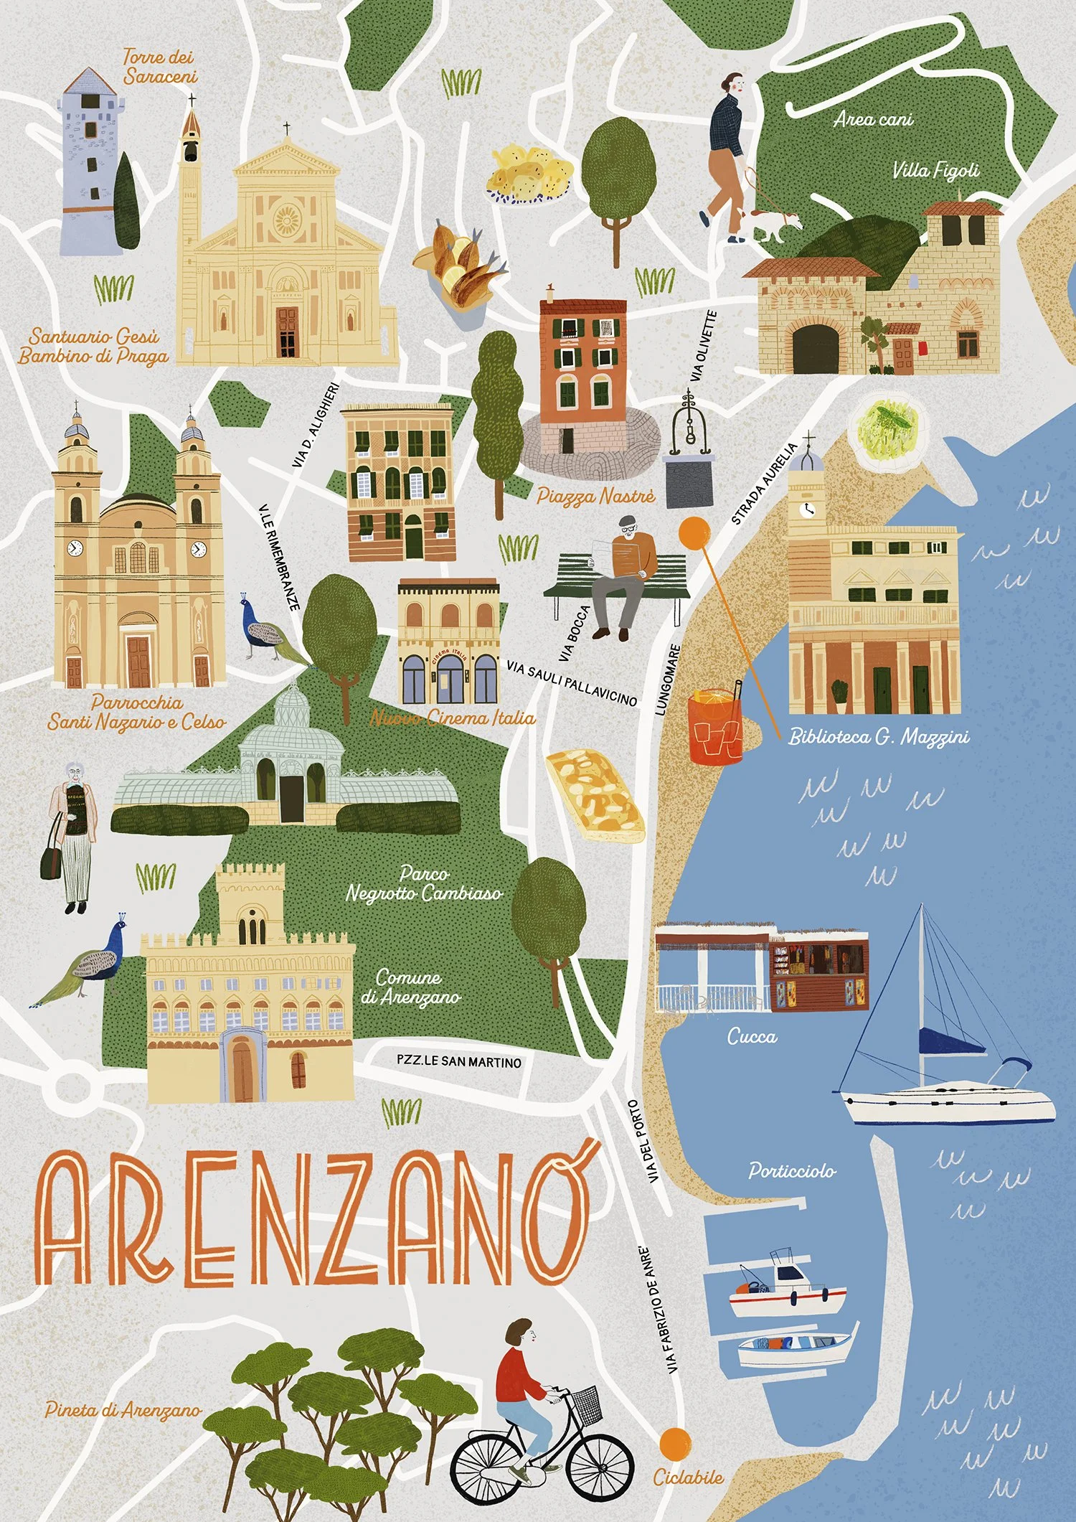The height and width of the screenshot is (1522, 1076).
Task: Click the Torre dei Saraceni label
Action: pyautogui.click(x=159, y=67)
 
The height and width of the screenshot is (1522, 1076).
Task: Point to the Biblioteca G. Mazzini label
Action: pyautogui.click(x=879, y=736)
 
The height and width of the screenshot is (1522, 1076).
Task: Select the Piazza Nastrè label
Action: pyautogui.click(x=595, y=496)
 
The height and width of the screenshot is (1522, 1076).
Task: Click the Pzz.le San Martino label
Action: pyautogui.click(x=459, y=1061)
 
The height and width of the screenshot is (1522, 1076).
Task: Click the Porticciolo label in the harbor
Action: pyautogui.click(x=792, y=1171)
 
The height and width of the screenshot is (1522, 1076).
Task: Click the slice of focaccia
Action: pyautogui.click(x=595, y=795)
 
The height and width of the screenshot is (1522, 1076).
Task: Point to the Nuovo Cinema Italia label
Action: pyautogui.click(x=452, y=718)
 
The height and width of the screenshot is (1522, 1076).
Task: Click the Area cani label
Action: pyautogui.click(x=873, y=119)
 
